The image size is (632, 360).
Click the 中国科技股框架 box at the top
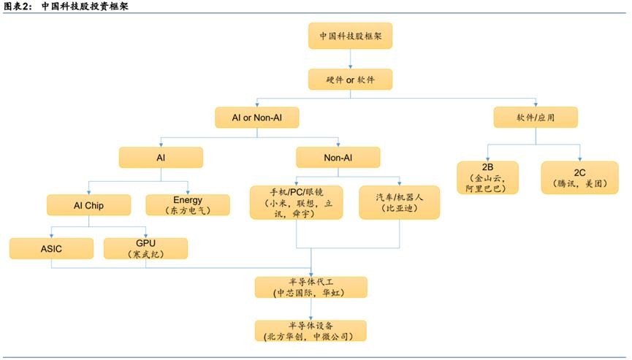351,35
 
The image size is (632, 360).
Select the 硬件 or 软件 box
351,80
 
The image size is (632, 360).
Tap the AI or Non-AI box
256,118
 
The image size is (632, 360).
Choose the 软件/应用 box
536,118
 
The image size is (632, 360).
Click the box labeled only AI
161,158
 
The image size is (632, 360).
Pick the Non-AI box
338,158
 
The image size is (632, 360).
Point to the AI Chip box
88,205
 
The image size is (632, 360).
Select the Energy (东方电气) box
188,204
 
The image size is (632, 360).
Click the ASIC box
51,248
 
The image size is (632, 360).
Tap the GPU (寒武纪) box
145,248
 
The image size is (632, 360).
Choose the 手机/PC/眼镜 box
296,202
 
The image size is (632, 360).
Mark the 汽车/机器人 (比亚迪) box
399,202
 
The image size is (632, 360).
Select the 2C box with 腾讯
580,178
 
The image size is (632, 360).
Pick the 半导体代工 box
310,287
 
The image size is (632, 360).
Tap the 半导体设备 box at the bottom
310,331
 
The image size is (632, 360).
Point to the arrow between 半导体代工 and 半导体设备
311,309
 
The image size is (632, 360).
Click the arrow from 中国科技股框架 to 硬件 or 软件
351,58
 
